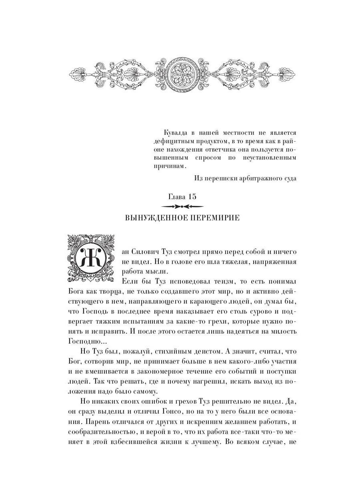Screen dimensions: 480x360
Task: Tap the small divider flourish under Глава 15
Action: click(182, 206)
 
